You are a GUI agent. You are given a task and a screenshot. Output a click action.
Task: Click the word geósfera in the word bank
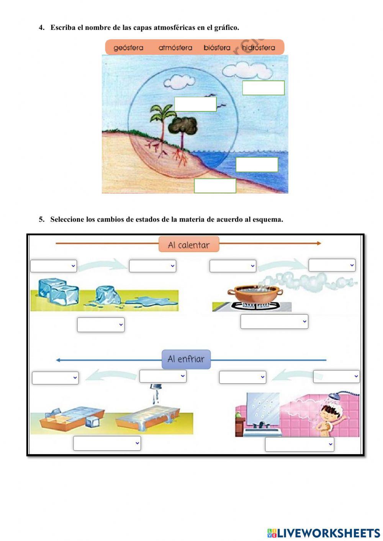128,48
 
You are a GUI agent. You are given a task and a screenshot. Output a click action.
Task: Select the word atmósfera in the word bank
175,48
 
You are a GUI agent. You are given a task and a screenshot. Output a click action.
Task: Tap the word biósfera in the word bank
217,48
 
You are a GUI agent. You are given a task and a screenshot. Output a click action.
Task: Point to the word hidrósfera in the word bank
259,48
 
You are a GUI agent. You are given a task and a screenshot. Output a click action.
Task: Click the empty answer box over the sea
257,165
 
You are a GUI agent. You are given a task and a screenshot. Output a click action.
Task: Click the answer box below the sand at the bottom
215,186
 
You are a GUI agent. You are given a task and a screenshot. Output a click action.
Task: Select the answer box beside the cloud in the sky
263,88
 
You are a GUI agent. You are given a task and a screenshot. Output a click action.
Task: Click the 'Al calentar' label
189,245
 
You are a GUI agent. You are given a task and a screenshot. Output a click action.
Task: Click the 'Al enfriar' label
186,359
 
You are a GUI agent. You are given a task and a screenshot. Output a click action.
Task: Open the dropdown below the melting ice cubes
101,325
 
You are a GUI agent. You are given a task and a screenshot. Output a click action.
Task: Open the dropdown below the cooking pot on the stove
274,322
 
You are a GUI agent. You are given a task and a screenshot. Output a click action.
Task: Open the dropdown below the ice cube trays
107,443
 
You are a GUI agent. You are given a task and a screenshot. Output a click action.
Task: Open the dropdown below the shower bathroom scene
299,445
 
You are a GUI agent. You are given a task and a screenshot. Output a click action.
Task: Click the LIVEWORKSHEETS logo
323,533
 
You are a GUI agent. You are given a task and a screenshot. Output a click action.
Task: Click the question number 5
41,219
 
